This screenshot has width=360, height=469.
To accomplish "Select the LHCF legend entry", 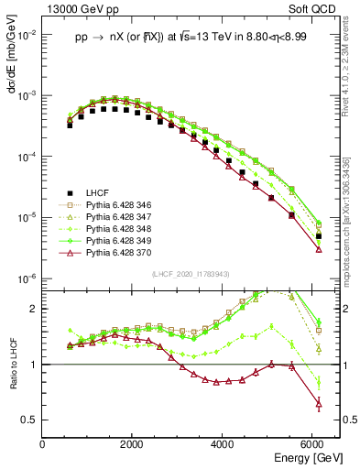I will (97, 192).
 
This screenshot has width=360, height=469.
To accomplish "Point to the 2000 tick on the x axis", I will (133, 444).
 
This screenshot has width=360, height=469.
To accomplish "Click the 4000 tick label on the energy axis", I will (224, 444).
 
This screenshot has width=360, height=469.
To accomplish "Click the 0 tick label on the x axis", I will (43, 444).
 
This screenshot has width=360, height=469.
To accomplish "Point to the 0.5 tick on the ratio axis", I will (30, 420).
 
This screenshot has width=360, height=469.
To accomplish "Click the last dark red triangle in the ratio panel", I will (318, 403).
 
